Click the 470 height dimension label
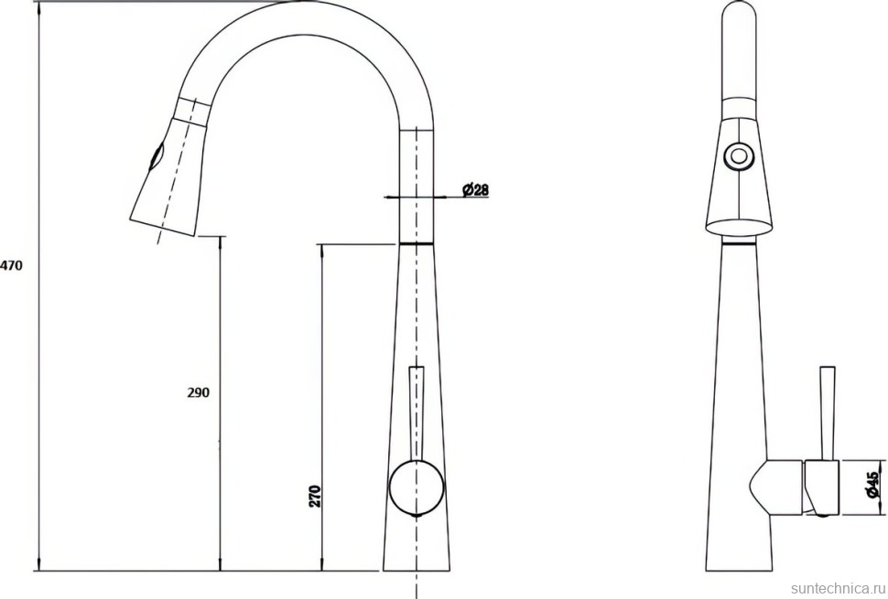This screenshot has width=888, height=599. (x=11, y=264)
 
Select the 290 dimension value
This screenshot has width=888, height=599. (x=199, y=392)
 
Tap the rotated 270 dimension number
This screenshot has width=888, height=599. (x=316, y=496)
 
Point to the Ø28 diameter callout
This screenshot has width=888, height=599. (x=475, y=189)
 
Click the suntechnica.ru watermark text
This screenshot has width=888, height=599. (x=839, y=588)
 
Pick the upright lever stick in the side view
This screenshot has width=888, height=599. (x=828, y=413)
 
